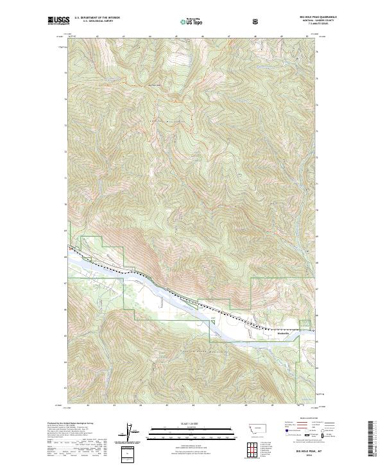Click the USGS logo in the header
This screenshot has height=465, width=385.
coord(58,21)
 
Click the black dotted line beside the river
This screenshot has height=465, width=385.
coord(193,301)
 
